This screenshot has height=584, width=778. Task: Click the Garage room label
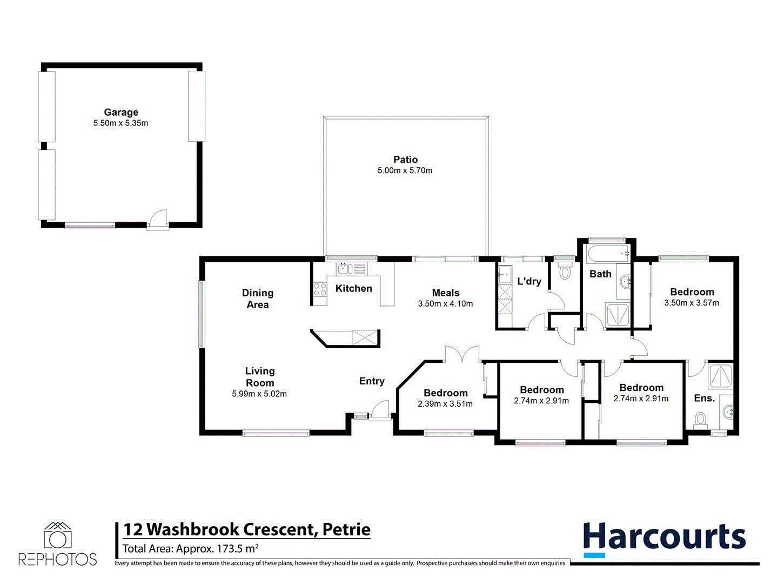[121, 112]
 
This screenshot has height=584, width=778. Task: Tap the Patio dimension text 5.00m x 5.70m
[405, 170]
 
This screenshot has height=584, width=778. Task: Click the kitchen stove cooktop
[320, 289]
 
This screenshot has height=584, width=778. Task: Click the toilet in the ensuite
[700, 419]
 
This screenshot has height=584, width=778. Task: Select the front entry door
[380, 410]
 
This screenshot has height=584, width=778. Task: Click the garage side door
[158, 220]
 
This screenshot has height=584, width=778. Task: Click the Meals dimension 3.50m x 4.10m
[445, 304]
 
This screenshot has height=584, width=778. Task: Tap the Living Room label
[260, 377]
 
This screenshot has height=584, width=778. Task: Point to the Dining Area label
[258, 298]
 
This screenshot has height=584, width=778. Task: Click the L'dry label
[529, 281]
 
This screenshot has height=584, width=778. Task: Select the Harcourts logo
[664, 539]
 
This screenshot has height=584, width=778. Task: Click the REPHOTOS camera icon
[58, 536]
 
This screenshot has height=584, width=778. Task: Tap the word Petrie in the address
[346, 529]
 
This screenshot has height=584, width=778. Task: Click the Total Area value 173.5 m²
[237, 549]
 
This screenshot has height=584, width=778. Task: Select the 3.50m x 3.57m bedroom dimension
[692, 303]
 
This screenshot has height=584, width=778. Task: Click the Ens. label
[704, 398]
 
